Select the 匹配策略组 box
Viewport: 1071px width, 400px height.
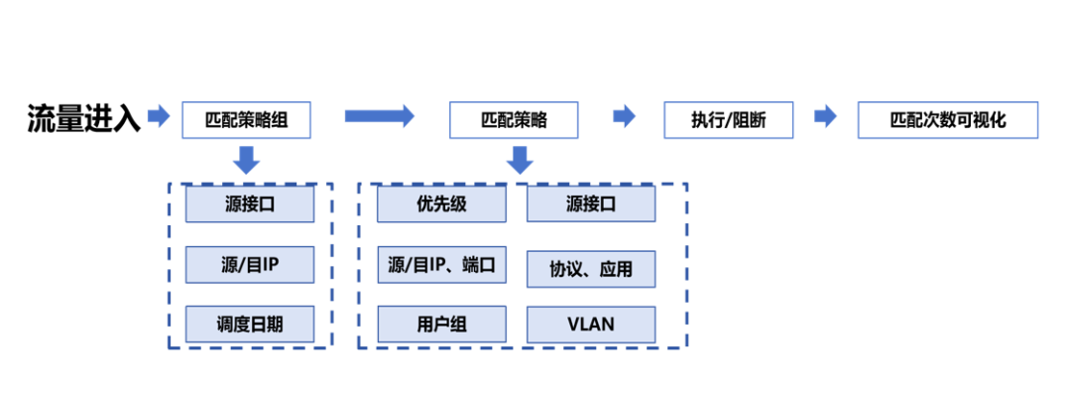(x=247, y=120)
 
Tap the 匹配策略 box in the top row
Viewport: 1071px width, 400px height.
(x=514, y=120)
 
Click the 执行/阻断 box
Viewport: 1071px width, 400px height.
(x=728, y=120)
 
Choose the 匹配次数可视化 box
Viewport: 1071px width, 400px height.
(x=947, y=120)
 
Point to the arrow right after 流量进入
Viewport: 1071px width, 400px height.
(x=159, y=117)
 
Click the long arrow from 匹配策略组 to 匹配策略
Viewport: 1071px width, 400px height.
(x=379, y=117)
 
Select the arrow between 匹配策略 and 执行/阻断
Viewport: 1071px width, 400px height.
(x=624, y=117)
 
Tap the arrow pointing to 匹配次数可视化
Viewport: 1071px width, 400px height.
(x=825, y=117)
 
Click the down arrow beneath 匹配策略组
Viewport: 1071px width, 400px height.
(x=247, y=159)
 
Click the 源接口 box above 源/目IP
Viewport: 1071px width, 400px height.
(x=250, y=204)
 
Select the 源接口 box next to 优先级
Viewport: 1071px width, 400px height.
(x=590, y=204)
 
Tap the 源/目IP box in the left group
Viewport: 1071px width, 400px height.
(x=250, y=265)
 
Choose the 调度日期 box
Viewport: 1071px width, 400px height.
(x=250, y=324)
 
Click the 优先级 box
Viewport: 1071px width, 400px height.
(x=441, y=204)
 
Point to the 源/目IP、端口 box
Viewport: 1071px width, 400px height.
(x=441, y=265)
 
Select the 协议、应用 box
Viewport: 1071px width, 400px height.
(x=590, y=268)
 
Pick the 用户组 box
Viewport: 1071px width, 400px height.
(x=441, y=324)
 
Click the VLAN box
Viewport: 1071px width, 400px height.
(x=590, y=324)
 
